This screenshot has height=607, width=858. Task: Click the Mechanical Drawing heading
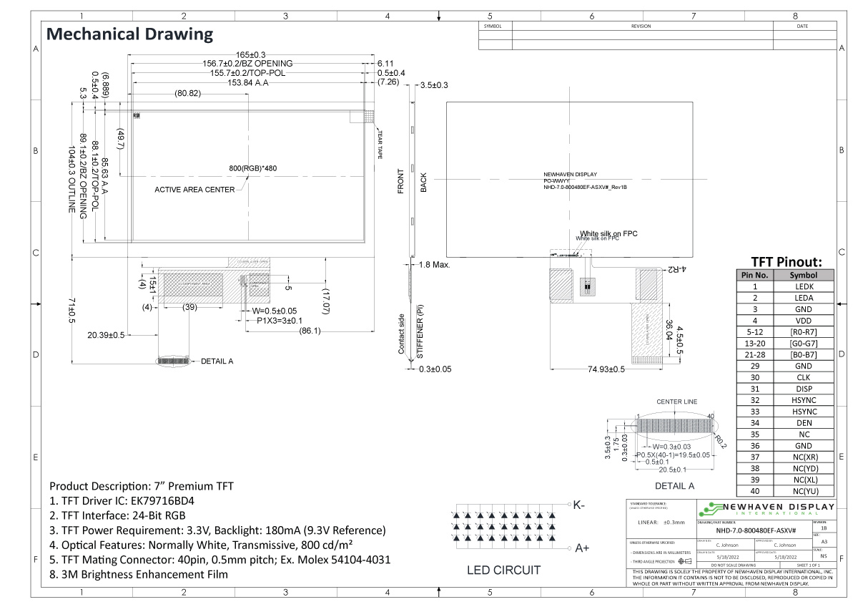[x=129, y=34]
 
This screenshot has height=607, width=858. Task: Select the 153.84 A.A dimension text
[x=248, y=82]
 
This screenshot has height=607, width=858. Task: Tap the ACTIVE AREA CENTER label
[x=194, y=190]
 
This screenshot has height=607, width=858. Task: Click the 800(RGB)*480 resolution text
[x=252, y=168]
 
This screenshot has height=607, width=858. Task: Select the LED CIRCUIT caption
[x=503, y=570]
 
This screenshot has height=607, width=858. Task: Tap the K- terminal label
[x=580, y=505]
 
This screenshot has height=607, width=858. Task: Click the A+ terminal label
[x=581, y=548]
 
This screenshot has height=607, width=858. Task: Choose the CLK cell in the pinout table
[x=804, y=377]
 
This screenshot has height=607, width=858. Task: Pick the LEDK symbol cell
[x=804, y=286]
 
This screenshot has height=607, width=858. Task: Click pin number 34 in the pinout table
[x=754, y=422]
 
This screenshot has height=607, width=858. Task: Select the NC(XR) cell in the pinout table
[x=804, y=457]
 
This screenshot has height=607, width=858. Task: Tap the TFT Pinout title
[x=786, y=261]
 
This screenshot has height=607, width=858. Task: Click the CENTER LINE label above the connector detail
[x=676, y=402]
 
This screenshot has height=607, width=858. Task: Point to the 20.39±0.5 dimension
[x=106, y=335]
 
